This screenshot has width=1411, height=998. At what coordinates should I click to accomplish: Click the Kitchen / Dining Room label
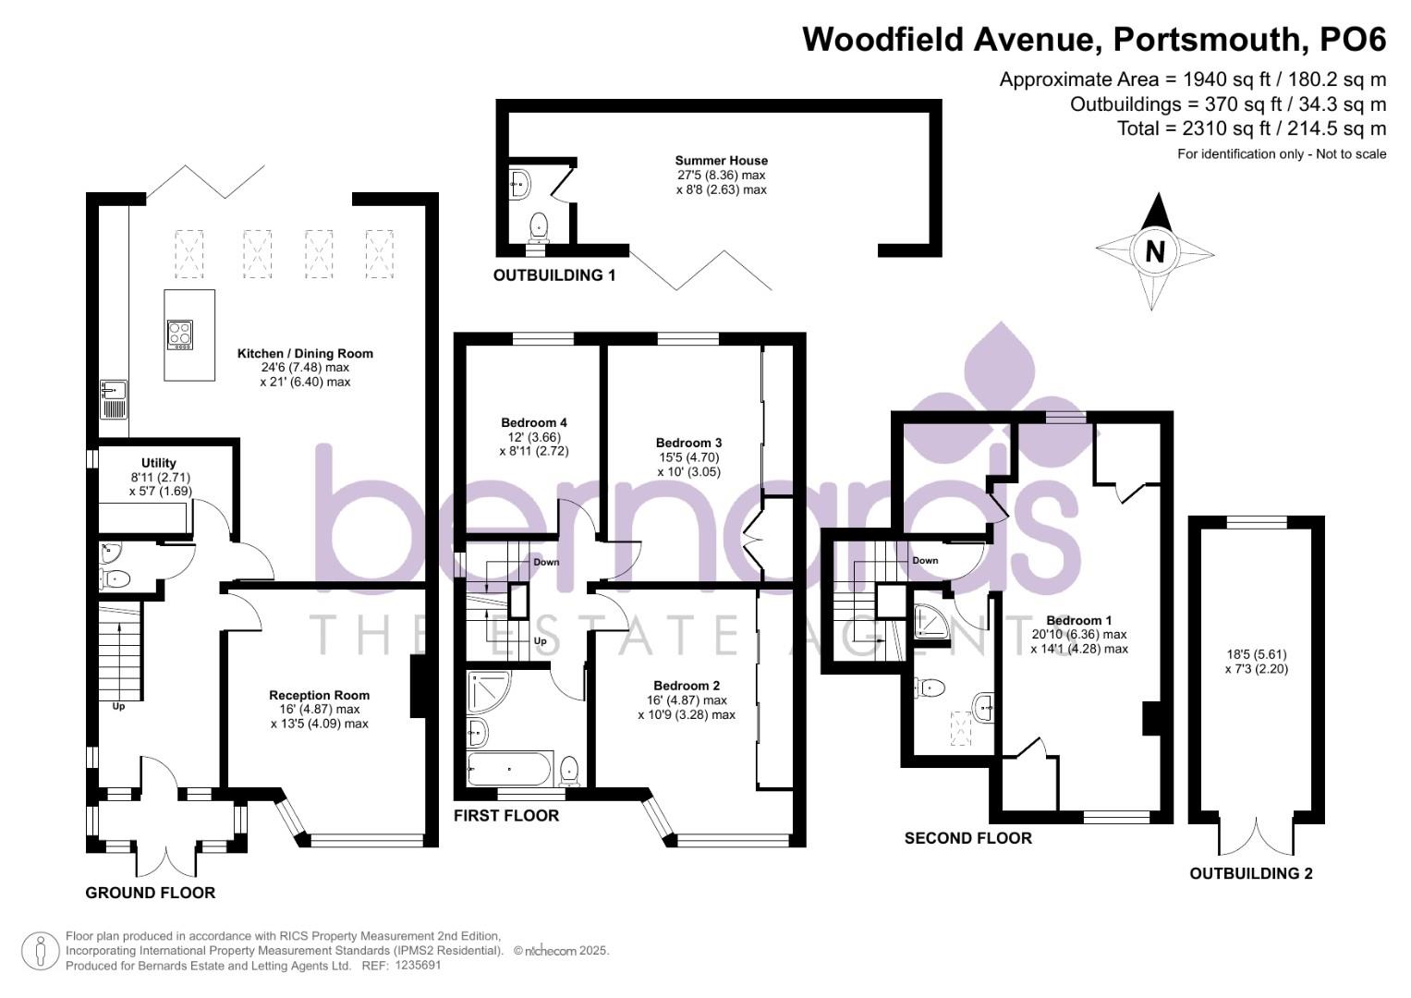(305, 353)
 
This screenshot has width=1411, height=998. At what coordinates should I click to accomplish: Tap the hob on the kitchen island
(180, 334)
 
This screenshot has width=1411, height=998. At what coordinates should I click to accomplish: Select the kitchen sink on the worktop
(113, 399)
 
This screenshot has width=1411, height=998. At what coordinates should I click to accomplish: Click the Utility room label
(159, 463)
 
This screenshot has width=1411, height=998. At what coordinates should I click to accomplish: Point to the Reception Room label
(319, 695)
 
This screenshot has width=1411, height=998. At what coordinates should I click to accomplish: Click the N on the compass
(1154, 251)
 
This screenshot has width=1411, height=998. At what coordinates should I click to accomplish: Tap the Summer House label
(721, 161)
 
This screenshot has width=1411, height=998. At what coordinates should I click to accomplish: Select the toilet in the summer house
(538, 224)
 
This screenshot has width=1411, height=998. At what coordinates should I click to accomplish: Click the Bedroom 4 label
(534, 423)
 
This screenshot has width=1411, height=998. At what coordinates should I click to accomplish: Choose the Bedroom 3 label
(688, 443)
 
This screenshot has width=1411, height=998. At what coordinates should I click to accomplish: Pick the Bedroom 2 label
(686, 686)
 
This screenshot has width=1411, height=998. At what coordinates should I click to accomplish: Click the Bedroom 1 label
(1078, 620)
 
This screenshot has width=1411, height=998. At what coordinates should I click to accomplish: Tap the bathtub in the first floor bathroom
(509, 768)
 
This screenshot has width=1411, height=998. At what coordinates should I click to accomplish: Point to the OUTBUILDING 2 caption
(1250, 873)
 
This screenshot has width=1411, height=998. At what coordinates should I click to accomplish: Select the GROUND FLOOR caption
(150, 893)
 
